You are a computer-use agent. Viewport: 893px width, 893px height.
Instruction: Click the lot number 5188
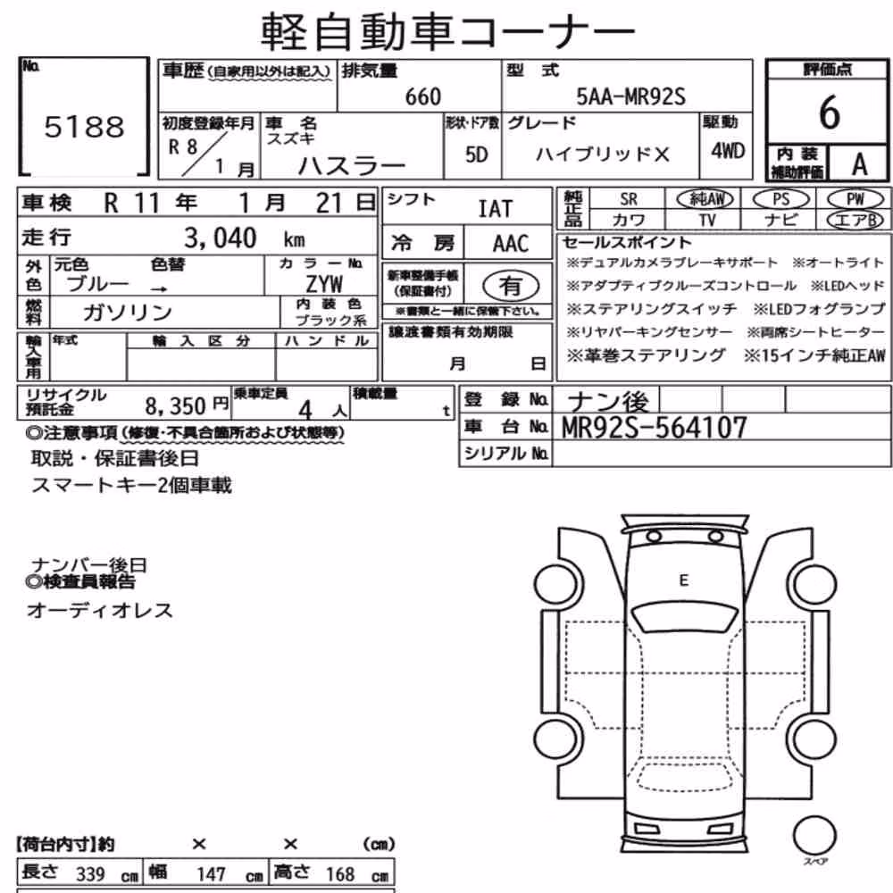[84, 127]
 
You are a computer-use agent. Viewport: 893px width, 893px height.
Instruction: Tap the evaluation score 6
[830, 113]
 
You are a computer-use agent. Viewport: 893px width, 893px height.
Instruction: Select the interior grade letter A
[859, 164]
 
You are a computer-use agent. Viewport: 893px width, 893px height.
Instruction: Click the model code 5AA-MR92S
[630, 96]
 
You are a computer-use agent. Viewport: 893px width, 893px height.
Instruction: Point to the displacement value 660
[422, 96]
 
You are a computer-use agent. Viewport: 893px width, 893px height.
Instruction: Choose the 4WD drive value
[727, 151]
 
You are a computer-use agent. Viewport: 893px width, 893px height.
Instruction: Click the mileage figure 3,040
[221, 238]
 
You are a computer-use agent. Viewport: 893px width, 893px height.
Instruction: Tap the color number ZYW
[324, 284]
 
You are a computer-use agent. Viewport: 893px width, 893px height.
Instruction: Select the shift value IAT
[495, 209]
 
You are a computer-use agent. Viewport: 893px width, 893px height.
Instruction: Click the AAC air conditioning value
[511, 244]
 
